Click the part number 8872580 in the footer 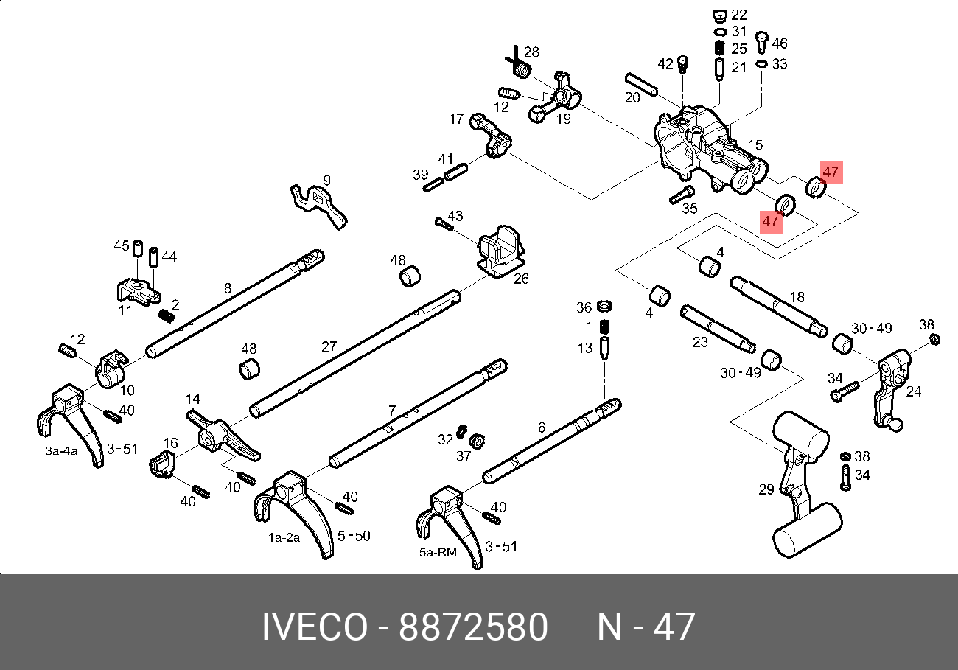click(x=473, y=627)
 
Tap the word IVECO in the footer click(x=315, y=627)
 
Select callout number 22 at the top click(x=739, y=15)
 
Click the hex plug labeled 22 click(x=720, y=16)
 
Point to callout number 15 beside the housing click(x=755, y=144)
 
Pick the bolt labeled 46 click(x=762, y=42)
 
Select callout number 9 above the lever click(x=326, y=180)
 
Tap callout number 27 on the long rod click(x=329, y=346)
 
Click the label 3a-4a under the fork click(x=61, y=451)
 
